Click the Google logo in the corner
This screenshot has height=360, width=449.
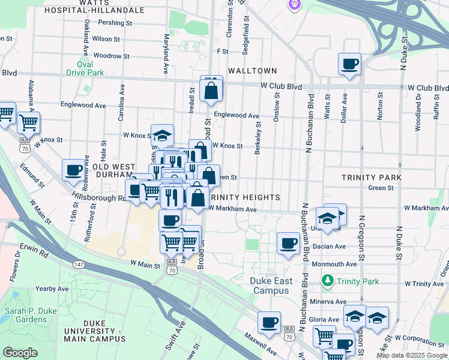(20, 353)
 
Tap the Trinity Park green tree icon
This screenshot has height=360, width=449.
(328, 280)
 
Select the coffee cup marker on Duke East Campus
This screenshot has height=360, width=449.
(289, 244)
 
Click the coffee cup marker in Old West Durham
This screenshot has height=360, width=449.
(73, 170)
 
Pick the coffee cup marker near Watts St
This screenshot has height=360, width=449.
(349, 64)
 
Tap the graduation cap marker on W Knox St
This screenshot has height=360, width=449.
(161, 135)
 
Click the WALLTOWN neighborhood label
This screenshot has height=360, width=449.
(252, 71)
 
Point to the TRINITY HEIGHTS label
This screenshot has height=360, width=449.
(245, 197)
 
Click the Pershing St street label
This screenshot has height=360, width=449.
(116, 23)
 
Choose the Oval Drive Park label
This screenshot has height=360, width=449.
(89, 69)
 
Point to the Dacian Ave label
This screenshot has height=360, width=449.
(328, 247)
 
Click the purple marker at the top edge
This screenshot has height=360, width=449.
(294, 5)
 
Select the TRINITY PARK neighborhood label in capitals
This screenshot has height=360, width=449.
(370, 178)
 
